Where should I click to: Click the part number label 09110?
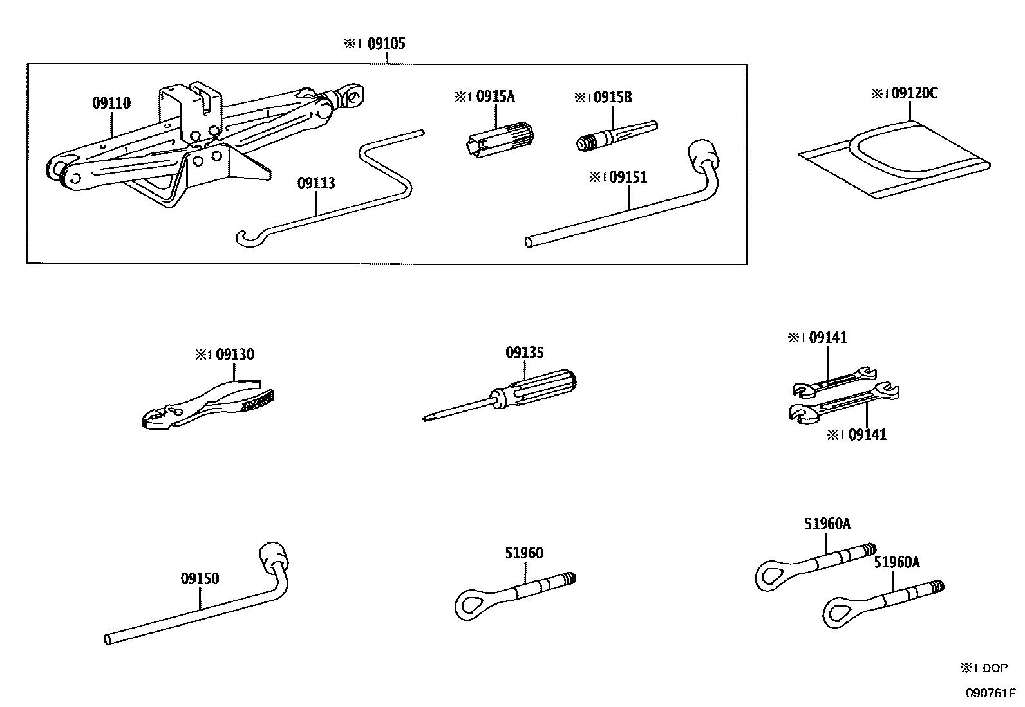tap(111, 104)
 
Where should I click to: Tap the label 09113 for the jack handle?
tap(316, 184)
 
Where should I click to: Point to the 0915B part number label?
tap(612, 97)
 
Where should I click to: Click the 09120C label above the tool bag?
tap(912, 94)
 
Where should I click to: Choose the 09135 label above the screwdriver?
tap(524, 353)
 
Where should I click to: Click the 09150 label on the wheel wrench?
tap(200, 579)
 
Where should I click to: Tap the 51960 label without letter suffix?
tap(524, 553)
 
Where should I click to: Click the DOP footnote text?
tap(994, 668)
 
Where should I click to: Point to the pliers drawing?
tap(206, 405)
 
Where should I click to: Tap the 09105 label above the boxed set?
tap(386, 44)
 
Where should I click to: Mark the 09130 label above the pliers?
tap(234, 354)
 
